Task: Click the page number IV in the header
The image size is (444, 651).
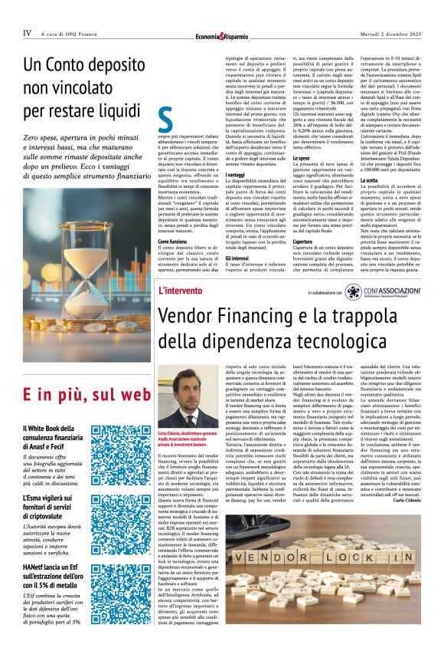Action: (x=27, y=33)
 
